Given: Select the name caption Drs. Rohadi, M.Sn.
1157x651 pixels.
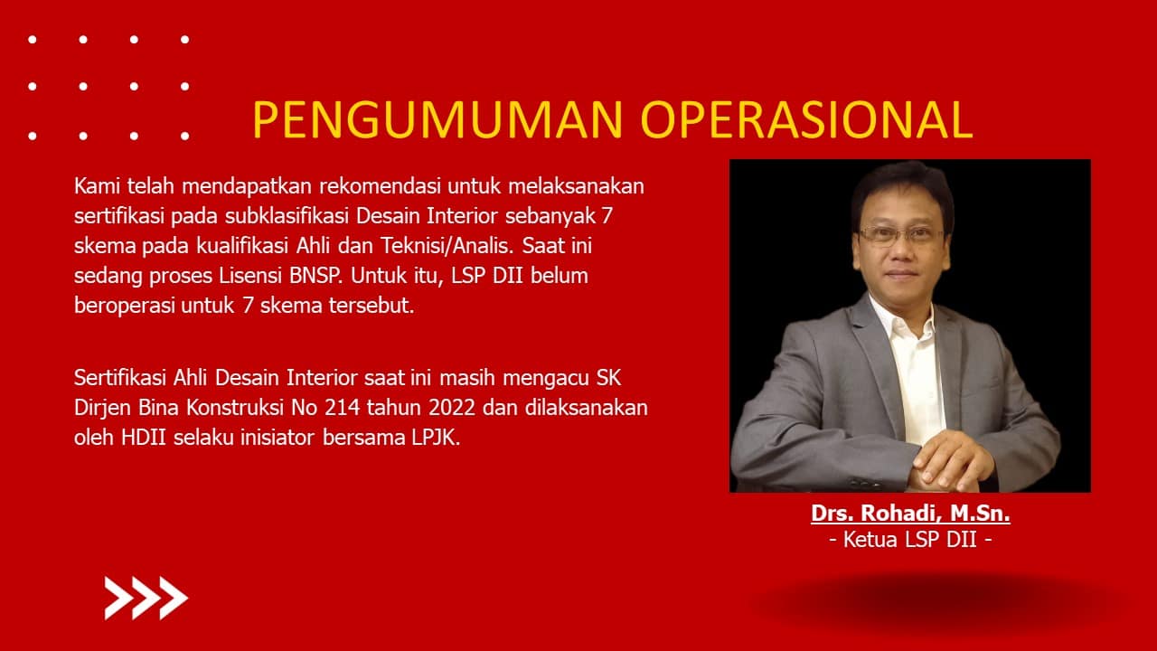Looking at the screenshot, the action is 910,513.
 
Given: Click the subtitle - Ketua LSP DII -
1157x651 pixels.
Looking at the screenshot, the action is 910,540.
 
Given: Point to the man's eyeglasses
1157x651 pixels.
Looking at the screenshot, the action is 901,236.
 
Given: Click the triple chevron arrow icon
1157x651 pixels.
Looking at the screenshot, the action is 146,598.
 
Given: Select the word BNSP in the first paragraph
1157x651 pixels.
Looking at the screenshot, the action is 315,276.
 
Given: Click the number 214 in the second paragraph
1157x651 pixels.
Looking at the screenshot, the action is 342,408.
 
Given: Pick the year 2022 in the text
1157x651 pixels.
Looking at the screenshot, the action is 451,408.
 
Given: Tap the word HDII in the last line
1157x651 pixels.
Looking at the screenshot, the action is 144,438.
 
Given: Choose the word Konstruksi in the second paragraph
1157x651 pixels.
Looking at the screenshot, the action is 235,408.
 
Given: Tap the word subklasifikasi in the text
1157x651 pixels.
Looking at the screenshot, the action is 287,216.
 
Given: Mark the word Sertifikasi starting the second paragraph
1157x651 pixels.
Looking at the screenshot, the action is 120,378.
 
